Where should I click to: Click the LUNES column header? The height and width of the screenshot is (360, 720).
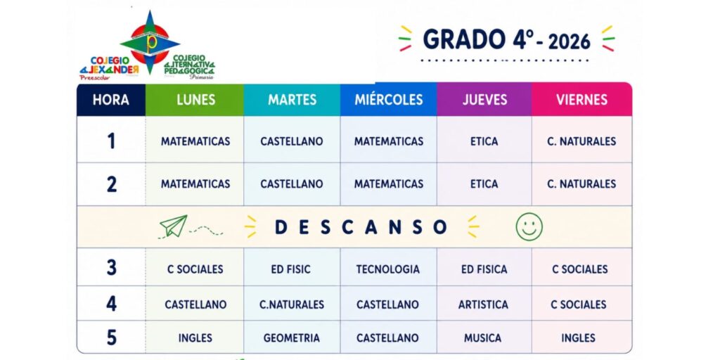click(x=195, y=100)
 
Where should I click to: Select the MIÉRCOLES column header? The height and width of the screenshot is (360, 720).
click(x=388, y=100)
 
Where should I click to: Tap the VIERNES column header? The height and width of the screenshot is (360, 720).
click(x=581, y=100)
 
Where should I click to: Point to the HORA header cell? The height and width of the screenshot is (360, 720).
click(x=111, y=100)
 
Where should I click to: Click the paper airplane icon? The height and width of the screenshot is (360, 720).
click(x=174, y=226)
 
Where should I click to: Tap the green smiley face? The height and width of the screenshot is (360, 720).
click(x=529, y=226)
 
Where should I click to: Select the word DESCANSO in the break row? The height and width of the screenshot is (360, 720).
click(x=361, y=227)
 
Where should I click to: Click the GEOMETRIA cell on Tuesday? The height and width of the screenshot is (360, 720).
click(x=292, y=338)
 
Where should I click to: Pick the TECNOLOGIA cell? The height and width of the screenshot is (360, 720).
click(x=388, y=269)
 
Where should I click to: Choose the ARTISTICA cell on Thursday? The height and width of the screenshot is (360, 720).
click(x=483, y=304)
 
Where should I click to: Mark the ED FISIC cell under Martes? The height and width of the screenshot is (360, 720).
click(x=290, y=269)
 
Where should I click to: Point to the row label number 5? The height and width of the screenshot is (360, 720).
click(x=112, y=337)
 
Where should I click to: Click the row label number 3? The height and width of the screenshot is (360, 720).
click(x=112, y=267)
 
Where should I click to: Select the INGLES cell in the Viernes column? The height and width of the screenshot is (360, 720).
click(x=578, y=338)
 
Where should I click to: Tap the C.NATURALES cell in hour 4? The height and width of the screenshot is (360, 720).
click(x=292, y=304)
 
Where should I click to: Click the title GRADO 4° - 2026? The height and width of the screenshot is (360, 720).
click(x=506, y=40)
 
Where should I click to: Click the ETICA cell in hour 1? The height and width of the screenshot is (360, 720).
click(x=484, y=141)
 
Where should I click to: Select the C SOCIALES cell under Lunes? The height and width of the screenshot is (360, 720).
click(x=195, y=269)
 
